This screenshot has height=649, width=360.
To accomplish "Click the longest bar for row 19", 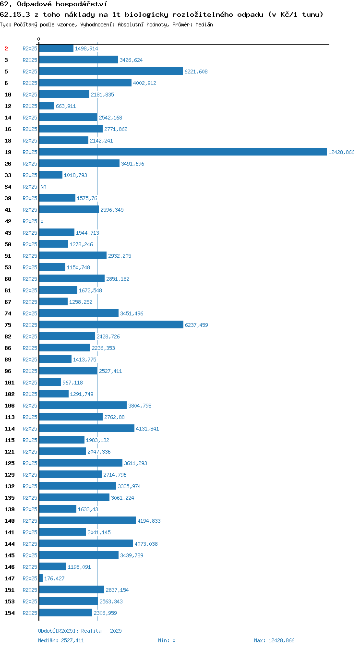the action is [x=183, y=152].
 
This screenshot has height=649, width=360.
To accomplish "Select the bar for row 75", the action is [x=111, y=324].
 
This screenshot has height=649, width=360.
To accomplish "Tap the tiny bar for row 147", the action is [x=41, y=578].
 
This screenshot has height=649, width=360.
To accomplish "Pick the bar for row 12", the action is [x=47, y=106].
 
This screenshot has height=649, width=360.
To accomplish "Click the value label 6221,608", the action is [x=196, y=72].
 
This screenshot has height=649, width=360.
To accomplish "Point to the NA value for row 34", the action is [x=44, y=187].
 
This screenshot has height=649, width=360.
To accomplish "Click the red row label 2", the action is [x=6, y=48].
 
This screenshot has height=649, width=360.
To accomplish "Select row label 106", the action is [x=10, y=406].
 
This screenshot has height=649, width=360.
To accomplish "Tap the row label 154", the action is [x=10, y=613].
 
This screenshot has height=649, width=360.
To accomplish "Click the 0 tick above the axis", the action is [x=39, y=39].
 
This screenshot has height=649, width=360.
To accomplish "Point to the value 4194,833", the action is [x=149, y=521].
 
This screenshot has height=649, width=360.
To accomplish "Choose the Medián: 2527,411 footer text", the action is [x=61, y=640].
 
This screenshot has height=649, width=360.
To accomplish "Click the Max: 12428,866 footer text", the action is [x=274, y=640].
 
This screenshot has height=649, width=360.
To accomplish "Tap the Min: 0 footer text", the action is [x=167, y=640].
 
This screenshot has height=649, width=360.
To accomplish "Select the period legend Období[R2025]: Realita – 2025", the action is [x=80, y=631].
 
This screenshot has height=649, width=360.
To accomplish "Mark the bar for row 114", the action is [x=86, y=428].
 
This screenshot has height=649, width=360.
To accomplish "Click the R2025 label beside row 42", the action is [x=30, y=221].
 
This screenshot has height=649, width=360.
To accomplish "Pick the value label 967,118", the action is [x=72, y=383].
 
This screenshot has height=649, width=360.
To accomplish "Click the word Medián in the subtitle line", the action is [x=204, y=24].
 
